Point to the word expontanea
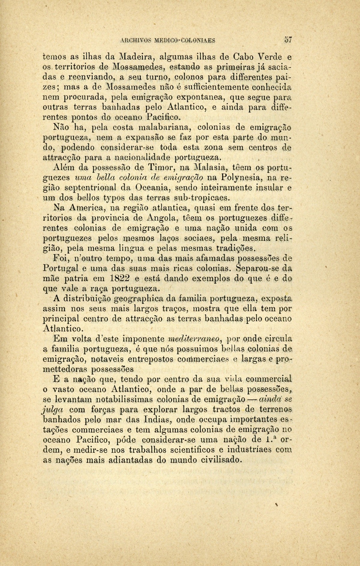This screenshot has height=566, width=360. (200, 97)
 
